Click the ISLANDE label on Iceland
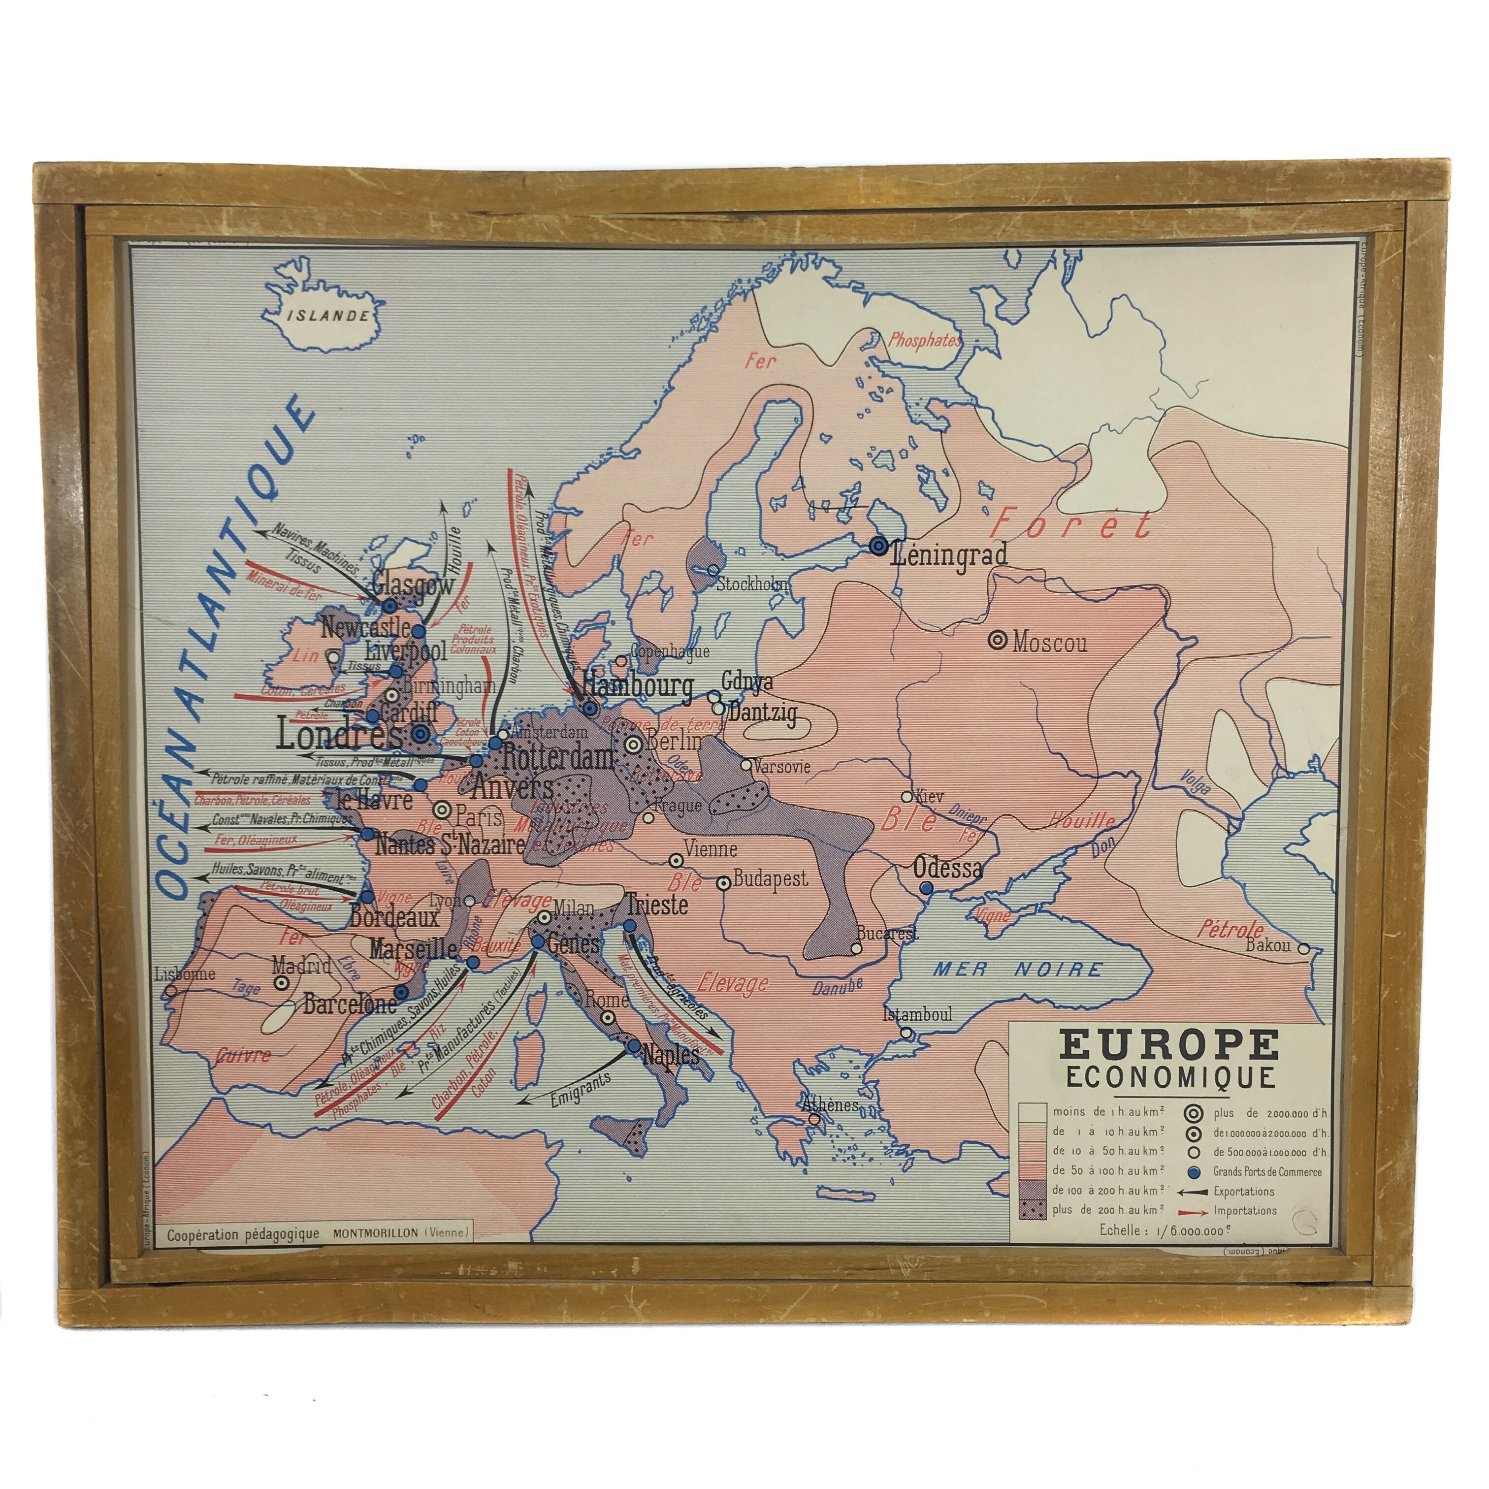[327, 315]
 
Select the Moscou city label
[1050, 642]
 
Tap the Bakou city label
[1268, 944]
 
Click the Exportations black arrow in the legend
[1195, 1192]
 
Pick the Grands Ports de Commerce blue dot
[1194, 1171]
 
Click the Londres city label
[339, 735]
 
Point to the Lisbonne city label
[185, 973]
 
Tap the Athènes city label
[830, 1104]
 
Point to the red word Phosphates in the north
[925, 340]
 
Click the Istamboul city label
[917, 1014]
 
